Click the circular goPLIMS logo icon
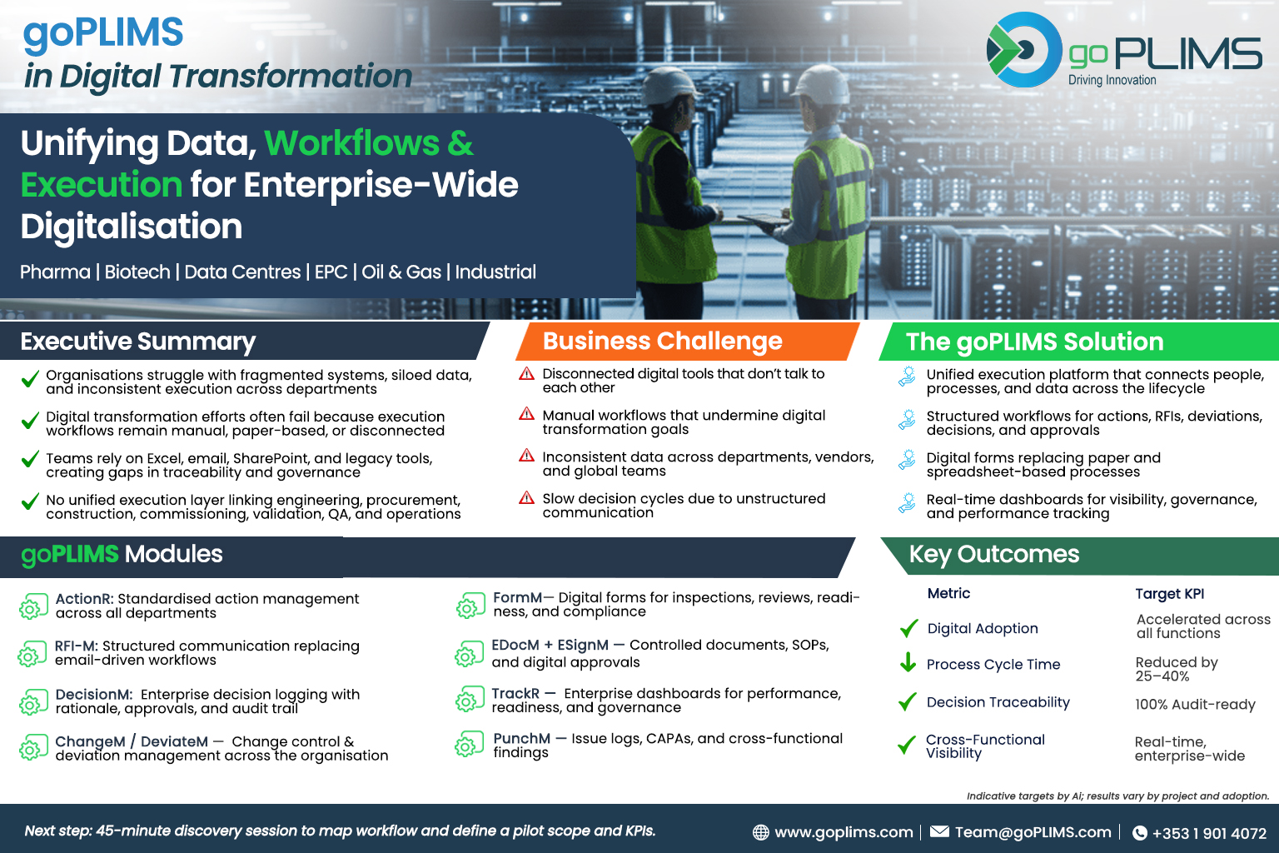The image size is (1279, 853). (x=1024, y=50)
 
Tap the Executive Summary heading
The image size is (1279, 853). (x=137, y=341)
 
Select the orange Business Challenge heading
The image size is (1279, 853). (x=662, y=341)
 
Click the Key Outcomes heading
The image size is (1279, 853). (x=994, y=554)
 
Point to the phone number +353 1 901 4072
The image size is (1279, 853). (x=1209, y=833)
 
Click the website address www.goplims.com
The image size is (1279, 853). (x=844, y=832)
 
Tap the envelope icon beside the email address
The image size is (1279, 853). (x=939, y=831)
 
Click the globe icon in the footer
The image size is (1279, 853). (x=760, y=832)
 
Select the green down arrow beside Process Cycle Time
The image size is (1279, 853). (x=908, y=663)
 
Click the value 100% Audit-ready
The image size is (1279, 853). (x=1195, y=704)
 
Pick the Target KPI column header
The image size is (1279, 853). (x=1169, y=594)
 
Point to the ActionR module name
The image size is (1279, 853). (x=84, y=598)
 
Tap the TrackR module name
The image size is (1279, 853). (x=515, y=693)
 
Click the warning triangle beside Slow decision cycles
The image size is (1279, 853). (x=526, y=497)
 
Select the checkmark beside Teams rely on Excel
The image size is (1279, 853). (x=30, y=459)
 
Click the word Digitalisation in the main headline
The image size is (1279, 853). (x=132, y=227)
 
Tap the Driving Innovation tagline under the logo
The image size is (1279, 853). (x=1112, y=80)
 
